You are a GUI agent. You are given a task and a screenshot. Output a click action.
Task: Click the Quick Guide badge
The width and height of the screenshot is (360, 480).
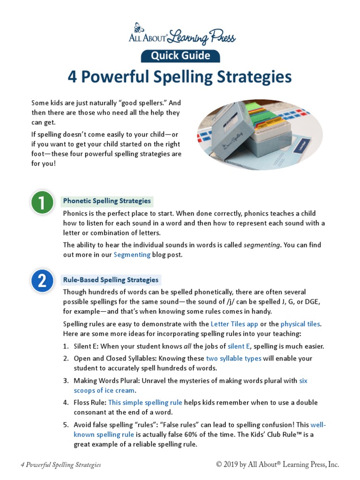[180, 56]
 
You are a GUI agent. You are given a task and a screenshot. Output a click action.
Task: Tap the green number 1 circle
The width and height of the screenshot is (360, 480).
[42, 203]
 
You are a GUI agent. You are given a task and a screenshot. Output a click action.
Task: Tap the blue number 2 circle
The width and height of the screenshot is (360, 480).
[42, 281]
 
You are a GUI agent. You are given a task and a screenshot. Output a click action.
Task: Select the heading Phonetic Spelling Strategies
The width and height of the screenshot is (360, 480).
[107, 201]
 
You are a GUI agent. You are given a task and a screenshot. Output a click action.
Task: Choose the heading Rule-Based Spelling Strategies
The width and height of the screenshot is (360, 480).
[111, 280]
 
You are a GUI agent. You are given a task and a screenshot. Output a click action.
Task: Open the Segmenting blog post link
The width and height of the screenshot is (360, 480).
[132, 255]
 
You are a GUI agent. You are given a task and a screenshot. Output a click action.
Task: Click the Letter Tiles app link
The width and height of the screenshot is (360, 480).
[234, 324]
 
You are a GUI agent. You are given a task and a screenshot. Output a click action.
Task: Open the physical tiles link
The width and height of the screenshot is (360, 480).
[300, 324]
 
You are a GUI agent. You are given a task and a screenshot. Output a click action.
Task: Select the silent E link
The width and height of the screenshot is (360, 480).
[239, 346]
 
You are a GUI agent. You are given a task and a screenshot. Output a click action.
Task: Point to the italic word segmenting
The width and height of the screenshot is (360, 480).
[262, 245]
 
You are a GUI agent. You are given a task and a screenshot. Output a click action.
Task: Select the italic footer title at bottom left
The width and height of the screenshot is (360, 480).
[61, 465]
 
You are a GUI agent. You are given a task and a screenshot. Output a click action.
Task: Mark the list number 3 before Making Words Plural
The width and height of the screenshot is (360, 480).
[66, 381]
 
